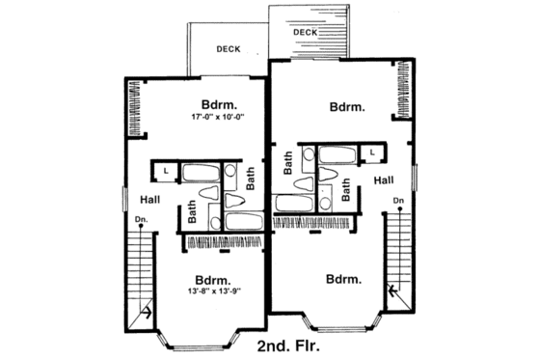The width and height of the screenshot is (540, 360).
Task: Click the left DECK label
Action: (229, 48)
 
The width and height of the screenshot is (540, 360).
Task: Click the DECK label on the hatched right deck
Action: (305, 33)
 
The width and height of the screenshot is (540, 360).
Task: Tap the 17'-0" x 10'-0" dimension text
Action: (220, 118)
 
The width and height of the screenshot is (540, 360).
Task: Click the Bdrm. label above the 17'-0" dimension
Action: (219, 104)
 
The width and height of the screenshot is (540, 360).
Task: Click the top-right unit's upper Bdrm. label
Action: (346, 107)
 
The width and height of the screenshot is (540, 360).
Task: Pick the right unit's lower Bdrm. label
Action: (344, 280)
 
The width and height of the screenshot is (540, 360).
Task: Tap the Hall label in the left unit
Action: (149, 200)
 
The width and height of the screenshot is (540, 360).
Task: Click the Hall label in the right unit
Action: (383, 180)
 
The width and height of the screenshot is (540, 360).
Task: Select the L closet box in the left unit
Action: (166, 171)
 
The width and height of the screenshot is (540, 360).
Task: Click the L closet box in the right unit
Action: (372, 152)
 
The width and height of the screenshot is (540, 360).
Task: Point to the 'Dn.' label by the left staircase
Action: (141, 219)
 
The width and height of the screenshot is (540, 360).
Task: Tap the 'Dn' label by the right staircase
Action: (397, 200)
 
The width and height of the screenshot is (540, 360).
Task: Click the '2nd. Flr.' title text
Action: (289, 344)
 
